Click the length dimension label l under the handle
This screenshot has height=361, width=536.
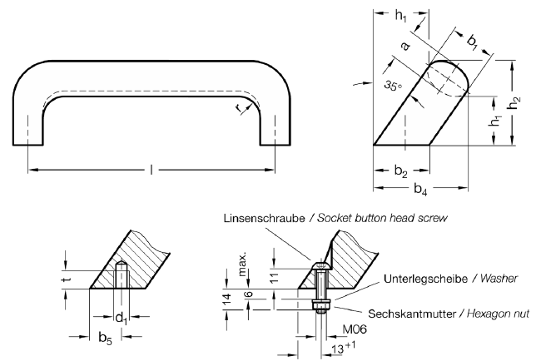[x=151, y=170]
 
